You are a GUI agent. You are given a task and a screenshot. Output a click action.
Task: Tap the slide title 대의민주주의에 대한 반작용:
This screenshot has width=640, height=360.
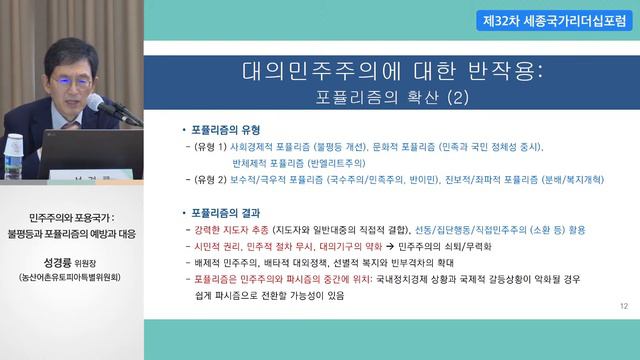tap(393, 73)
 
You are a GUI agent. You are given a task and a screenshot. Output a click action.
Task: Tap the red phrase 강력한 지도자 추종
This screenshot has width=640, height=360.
tap(241, 229)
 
